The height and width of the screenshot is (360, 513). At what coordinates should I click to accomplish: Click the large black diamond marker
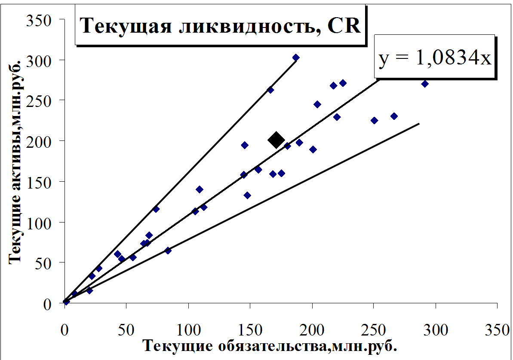(276, 139)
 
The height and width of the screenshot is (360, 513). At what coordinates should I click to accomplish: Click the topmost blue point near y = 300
(296, 58)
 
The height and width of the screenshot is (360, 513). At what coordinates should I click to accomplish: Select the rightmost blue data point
(425, 84)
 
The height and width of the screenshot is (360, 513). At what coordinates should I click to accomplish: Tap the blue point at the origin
(66, 302)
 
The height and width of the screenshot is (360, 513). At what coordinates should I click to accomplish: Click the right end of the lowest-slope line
(419, 124)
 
